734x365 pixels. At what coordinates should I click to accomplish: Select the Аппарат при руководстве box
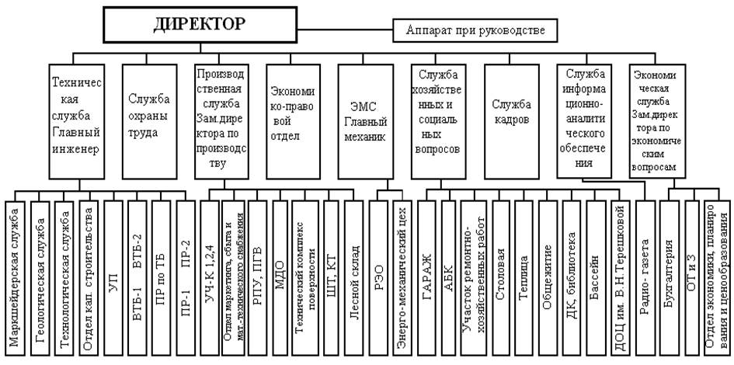point(481,31)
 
